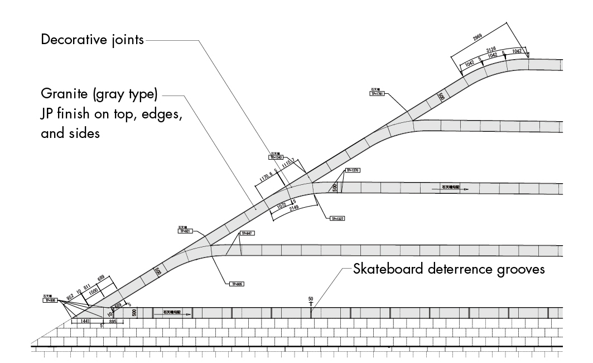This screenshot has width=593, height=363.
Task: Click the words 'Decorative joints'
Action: (x=93, y=40)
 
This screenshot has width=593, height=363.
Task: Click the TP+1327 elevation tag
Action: (x=338, y=218)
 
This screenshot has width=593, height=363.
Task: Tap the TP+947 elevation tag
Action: (x=246, y=233)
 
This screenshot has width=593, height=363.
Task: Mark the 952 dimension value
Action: (x=70, y=297)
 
